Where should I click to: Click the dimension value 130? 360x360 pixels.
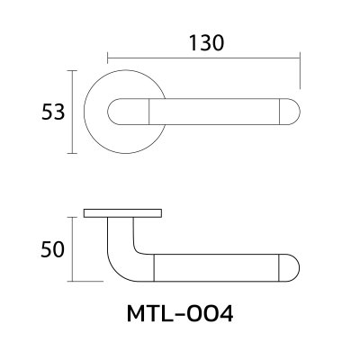click(206, 41)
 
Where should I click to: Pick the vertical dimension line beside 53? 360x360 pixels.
click(73, 112)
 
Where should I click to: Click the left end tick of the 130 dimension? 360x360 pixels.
click(109, 55)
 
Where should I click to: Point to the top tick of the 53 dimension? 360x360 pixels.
click(73, 69)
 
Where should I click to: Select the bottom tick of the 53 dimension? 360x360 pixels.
click(73, 156)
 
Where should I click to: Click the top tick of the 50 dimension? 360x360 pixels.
click(73, 217)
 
